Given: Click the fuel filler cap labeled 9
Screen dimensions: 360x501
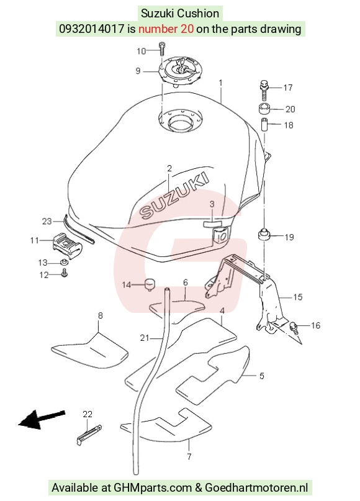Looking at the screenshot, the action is [179, 71].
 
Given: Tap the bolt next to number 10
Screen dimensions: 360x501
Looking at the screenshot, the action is [162, 49].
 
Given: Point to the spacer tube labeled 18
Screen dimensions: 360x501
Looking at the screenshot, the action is [264, 125].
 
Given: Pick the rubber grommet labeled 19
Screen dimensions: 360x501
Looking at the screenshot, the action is [264, 234].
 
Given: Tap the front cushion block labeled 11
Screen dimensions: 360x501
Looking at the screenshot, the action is [67, 245].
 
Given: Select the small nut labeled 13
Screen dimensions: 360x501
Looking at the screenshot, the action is [64, 263].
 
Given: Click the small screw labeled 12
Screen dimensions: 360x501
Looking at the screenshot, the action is [65, 273].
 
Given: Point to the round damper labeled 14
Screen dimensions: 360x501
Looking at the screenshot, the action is [150, 284].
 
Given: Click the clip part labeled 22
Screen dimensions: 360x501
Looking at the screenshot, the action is [89, 434].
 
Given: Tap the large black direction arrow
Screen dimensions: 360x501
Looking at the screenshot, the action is [42, 419].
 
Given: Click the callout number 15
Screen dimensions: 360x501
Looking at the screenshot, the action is [297, 297].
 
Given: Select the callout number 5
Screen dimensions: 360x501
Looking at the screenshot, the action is [261, 376].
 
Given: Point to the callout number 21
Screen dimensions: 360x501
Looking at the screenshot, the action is [145, 337].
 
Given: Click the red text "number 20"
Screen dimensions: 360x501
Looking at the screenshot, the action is [166, 29].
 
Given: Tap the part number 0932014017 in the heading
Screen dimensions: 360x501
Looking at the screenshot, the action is [91, 29].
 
